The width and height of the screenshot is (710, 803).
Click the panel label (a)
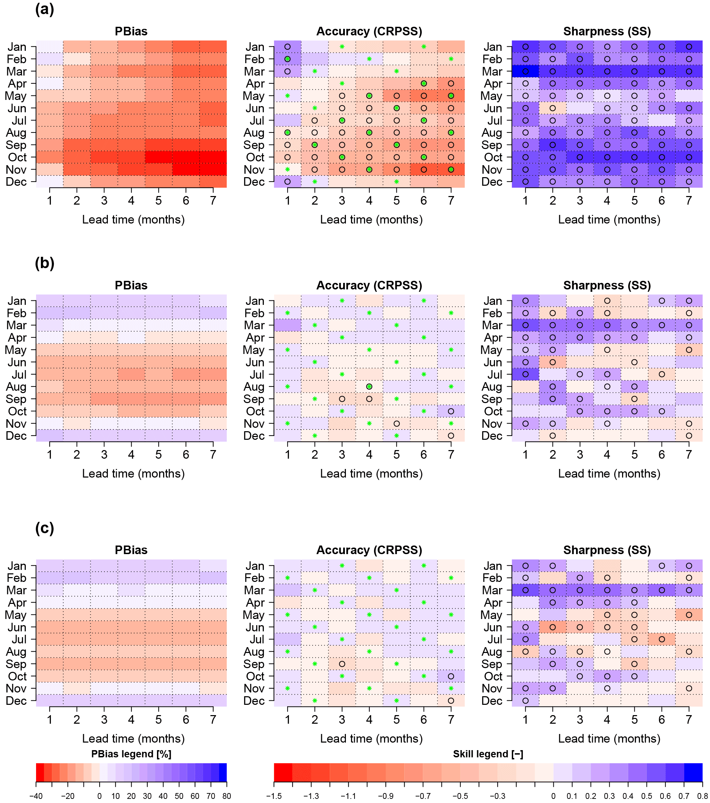44,9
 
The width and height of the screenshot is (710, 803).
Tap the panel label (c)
44,528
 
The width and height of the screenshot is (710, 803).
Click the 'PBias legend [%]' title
131,754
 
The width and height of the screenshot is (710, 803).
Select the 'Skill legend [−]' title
488,754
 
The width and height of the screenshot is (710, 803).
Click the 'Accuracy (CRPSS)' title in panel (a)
369,32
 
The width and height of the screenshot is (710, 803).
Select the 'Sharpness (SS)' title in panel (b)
607,285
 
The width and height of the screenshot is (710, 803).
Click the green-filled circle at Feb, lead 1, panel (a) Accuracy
288,59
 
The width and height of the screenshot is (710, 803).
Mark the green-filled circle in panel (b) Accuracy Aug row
369,387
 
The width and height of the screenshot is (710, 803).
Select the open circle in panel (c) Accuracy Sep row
342,664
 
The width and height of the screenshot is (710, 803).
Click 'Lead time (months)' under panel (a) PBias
133,220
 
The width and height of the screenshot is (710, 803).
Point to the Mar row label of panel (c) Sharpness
492,590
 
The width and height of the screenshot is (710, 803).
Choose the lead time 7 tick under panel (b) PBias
213,455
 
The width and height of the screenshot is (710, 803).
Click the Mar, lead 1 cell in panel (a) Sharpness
525,71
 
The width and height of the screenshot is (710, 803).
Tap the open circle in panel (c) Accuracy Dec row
451,700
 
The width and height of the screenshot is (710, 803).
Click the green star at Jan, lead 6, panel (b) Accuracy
424,300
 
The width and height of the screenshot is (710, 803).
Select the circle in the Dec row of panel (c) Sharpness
525,700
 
